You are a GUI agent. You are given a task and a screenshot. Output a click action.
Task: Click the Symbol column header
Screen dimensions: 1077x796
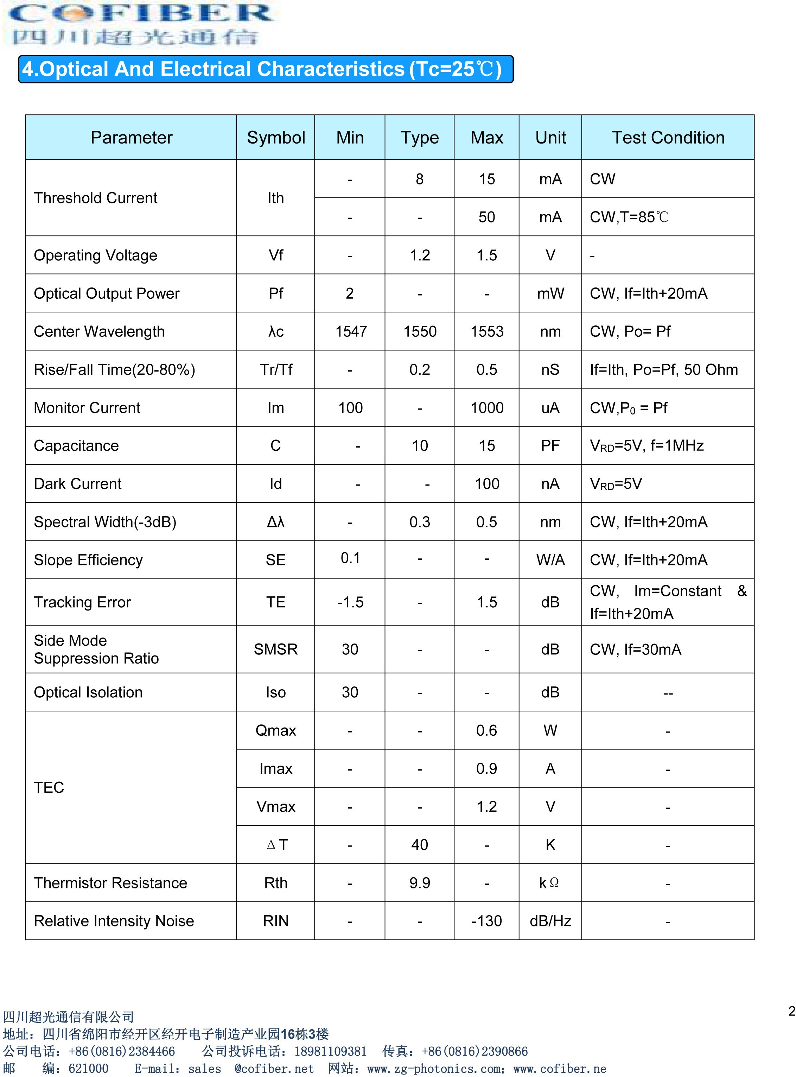tap(276, 138)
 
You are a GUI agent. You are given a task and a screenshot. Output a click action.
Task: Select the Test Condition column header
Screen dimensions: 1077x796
tap(668, 138)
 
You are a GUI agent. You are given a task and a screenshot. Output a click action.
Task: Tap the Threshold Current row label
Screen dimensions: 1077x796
tap(95, 198)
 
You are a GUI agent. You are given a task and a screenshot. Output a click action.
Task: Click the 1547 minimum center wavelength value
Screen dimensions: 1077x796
tap(351, 331)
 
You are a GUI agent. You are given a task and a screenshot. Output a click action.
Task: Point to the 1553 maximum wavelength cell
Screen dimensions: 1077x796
tap(487, 331)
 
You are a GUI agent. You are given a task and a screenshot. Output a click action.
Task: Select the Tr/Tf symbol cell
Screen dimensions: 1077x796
tap(276, 369)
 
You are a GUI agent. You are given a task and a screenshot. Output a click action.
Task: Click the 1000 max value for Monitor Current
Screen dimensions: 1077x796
tap(487, 408)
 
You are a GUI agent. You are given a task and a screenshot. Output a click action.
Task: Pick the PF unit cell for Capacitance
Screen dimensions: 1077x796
tap(550, 446)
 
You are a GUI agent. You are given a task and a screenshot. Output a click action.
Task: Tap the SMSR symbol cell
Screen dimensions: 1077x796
tap(276, 650)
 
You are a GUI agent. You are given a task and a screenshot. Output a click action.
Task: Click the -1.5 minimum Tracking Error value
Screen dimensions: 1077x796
tap(350, 602)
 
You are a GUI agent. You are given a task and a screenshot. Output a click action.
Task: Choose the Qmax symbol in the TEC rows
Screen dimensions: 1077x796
tap(276, 730)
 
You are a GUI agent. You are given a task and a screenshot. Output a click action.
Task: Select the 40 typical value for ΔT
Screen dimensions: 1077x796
tap(420, 845)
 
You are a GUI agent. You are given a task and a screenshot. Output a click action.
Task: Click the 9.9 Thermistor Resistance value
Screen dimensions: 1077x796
tap(420, 883)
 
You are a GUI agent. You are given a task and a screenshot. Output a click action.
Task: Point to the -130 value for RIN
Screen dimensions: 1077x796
tap(487, 921)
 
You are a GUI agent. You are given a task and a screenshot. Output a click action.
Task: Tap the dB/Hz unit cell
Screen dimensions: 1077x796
tap(550, 921)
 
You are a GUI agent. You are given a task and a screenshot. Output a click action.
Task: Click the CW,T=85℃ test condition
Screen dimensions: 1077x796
tap(629, 217)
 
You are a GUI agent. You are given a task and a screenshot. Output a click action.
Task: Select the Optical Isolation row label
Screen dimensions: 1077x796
tap(88, 692)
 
